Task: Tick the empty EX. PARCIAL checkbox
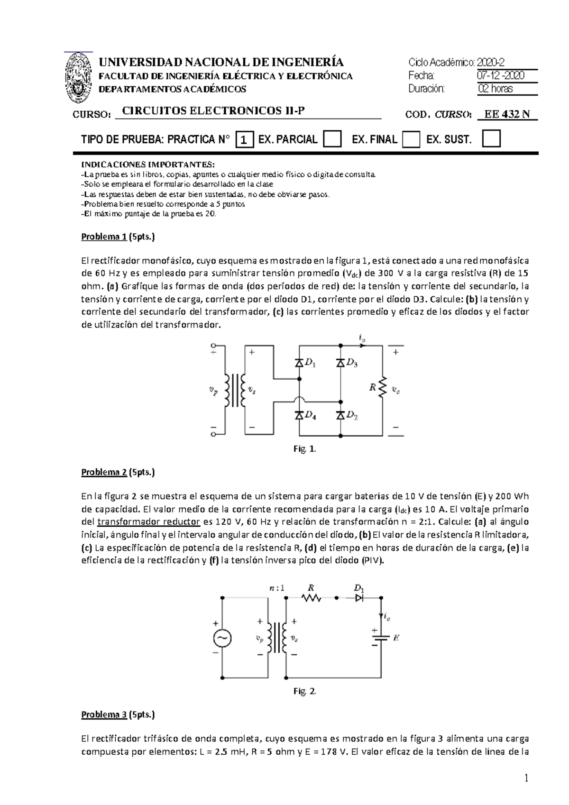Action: pyautogui.click(x=332, y=139)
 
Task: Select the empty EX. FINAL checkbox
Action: pyautogui.click(x=411, y=139)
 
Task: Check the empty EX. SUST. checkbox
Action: pyautogui.click(x=491, y=139)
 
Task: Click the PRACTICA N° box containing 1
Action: pyautogui.click(x=244, y=140)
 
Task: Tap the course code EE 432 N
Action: pyautogui.click(x=507, y=114)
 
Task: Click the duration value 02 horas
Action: pyautogui.click(x=496, y=89)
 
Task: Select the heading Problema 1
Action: pyautogui.click(x=104, y=237)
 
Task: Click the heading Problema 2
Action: pyautogui.click(x=104, y=472)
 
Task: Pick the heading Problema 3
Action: pyautogui.click(x=104, y=714)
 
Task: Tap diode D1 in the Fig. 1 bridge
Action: pyautogui.click(x=299, y=363)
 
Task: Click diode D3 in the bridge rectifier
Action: pyautogui.click(x=340, y=363)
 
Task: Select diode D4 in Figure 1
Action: pyautogui.click(x=299, y=415)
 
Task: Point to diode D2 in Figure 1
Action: pyautogui.click(x=340, y=415)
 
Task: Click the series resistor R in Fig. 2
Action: pyautogui.click(x=312, y=599)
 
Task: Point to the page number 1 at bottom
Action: pyautogui.click(x=526, y=778)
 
